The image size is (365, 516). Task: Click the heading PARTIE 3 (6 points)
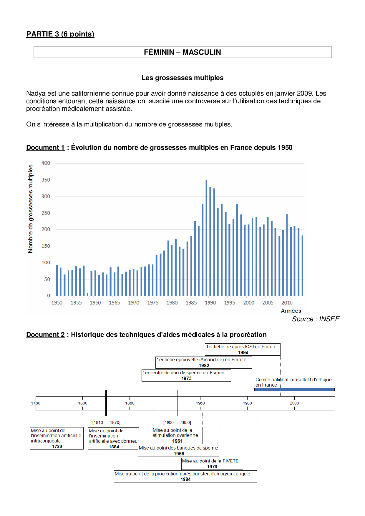coord(60,34)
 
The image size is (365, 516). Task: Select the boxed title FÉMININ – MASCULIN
coord(182,52)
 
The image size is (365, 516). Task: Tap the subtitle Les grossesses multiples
coord(182,78)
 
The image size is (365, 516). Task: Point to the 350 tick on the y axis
coord(46,180)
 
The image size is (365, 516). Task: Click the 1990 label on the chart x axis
coord(210,303)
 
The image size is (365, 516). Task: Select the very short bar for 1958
coord(87,294)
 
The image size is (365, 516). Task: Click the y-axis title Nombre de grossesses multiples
coord(30,209)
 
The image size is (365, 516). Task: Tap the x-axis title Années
coord(291,311)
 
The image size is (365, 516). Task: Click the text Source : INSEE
coord(316,319)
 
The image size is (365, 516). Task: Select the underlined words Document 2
coord(45,335)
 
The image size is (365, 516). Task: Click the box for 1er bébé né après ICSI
coord(243,349)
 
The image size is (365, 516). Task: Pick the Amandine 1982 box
coord(204,362)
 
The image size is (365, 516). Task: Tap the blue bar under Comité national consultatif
coord(294,390)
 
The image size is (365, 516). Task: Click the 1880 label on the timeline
coord(130,403)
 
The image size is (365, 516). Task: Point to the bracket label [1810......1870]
coord(106,422)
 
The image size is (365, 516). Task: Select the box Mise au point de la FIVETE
coord(212,464)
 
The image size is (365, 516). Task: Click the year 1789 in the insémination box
coord(57,447)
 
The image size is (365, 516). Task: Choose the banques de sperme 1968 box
coord(178,451)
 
